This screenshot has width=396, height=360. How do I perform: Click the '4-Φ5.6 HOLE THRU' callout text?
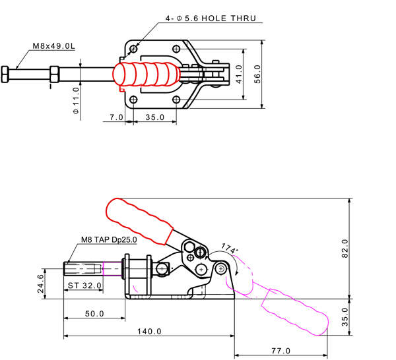pos(211,18)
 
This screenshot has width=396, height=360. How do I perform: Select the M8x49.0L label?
pos(54,47)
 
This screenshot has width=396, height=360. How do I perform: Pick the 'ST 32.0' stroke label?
pos(84,286)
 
